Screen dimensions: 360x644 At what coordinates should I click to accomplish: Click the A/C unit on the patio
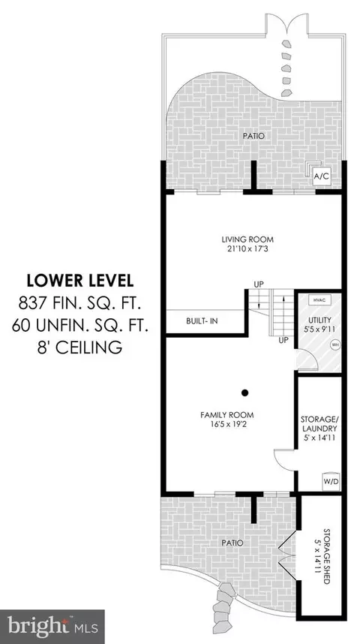pyautogui.click(x=321, y=176)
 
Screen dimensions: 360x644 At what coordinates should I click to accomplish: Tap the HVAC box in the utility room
pyautogui.click(x=318, y=299)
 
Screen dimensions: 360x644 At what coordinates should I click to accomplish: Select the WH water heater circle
pyautogui.click(x=334, y=345)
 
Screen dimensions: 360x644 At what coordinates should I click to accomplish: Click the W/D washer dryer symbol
pyautogui.click(x=331, y=481)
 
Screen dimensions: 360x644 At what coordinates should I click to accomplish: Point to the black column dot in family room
pyautogui.click(x=244, y=393)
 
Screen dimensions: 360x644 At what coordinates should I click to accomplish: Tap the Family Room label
pyautogui.click(x=226, y=414)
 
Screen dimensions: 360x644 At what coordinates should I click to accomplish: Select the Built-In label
pyautogui.click(x=202, y=321)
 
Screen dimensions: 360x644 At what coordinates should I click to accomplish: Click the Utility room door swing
pyautogui.click(x=306, y=360)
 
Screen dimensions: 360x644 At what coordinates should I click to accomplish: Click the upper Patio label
pyautogui.click(x=253, y=136)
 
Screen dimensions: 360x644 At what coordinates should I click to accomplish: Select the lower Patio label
pyautogui.click(x=232, y=543)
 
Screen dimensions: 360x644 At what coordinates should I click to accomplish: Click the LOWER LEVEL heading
pyautogui.click(x=79, y=281)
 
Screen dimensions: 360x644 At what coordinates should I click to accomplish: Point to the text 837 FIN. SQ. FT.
pyautogui.click(x=79, y=303)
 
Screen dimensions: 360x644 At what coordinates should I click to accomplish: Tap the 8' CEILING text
pyautogui.click(x=79, y=348)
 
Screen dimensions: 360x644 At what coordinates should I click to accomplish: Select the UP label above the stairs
pyautogui.click(x=258, y=284)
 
